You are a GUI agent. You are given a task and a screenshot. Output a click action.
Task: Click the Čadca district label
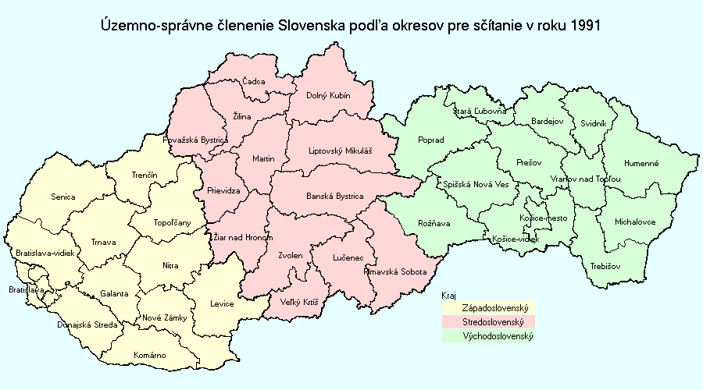coord(254,81)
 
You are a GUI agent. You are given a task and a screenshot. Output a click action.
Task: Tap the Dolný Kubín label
coord(327,96)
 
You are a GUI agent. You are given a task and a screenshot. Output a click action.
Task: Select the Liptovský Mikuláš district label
coord(341,151)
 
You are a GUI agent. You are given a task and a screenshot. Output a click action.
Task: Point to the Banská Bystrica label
coord(334,197)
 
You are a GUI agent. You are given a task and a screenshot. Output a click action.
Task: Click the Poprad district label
coord(431,140)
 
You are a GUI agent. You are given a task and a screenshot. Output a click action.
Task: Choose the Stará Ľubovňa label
coord(480,112)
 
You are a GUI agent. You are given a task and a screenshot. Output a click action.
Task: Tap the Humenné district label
coord(641,164)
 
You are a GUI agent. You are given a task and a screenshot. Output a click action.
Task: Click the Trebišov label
coord(605,266)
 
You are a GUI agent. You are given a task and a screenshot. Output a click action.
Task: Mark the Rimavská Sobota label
coord(395,272)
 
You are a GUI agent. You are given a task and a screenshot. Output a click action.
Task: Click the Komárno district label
coord(149,355)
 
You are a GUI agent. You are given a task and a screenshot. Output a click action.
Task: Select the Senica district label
coord(62,197)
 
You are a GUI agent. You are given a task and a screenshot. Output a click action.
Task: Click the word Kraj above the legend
coord(448,296)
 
